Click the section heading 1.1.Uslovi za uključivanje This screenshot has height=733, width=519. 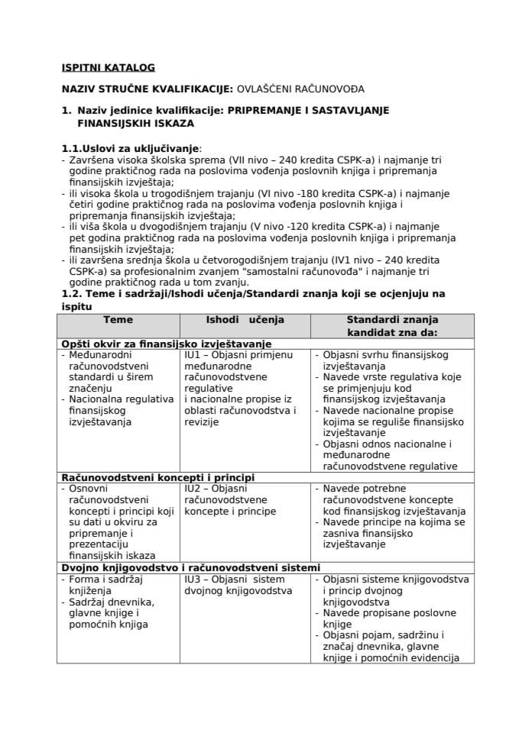[x=131, y=147]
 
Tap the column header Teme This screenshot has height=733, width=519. [x=118, y=320]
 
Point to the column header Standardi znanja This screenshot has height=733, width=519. [x=392, y=320]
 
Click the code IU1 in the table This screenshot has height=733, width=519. [x=193, y=355]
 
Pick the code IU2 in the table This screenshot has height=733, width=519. [x=193, y=489]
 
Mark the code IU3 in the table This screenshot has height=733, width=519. [x=193, y=579]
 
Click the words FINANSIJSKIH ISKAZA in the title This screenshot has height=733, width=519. [x=135, y=122]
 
